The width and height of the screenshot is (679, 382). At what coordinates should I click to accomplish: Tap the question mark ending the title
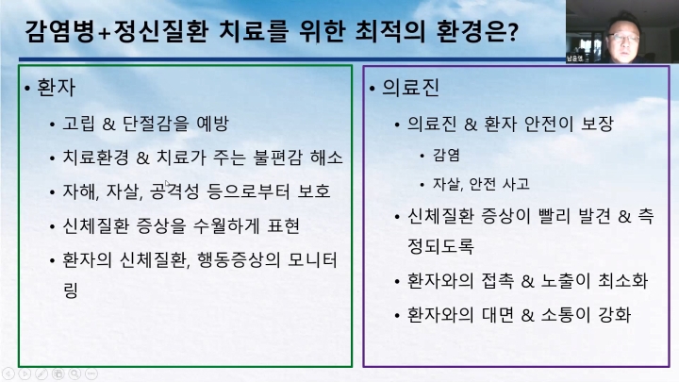point(513,32)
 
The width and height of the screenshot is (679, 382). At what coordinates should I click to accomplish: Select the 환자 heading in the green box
point(57,88)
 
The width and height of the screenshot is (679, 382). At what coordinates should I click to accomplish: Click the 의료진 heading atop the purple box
point(410,88)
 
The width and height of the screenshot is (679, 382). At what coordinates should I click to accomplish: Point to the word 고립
point(78,124)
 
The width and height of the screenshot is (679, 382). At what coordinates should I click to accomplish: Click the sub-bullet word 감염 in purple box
point(446,155)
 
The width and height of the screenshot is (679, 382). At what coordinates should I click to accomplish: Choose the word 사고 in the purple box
point(516,184)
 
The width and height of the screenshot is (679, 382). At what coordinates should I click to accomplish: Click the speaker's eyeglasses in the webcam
point(623,38)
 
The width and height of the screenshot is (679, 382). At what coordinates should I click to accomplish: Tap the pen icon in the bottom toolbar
point(41,374)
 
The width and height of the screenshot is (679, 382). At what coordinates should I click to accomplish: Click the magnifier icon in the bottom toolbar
point(75,374)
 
